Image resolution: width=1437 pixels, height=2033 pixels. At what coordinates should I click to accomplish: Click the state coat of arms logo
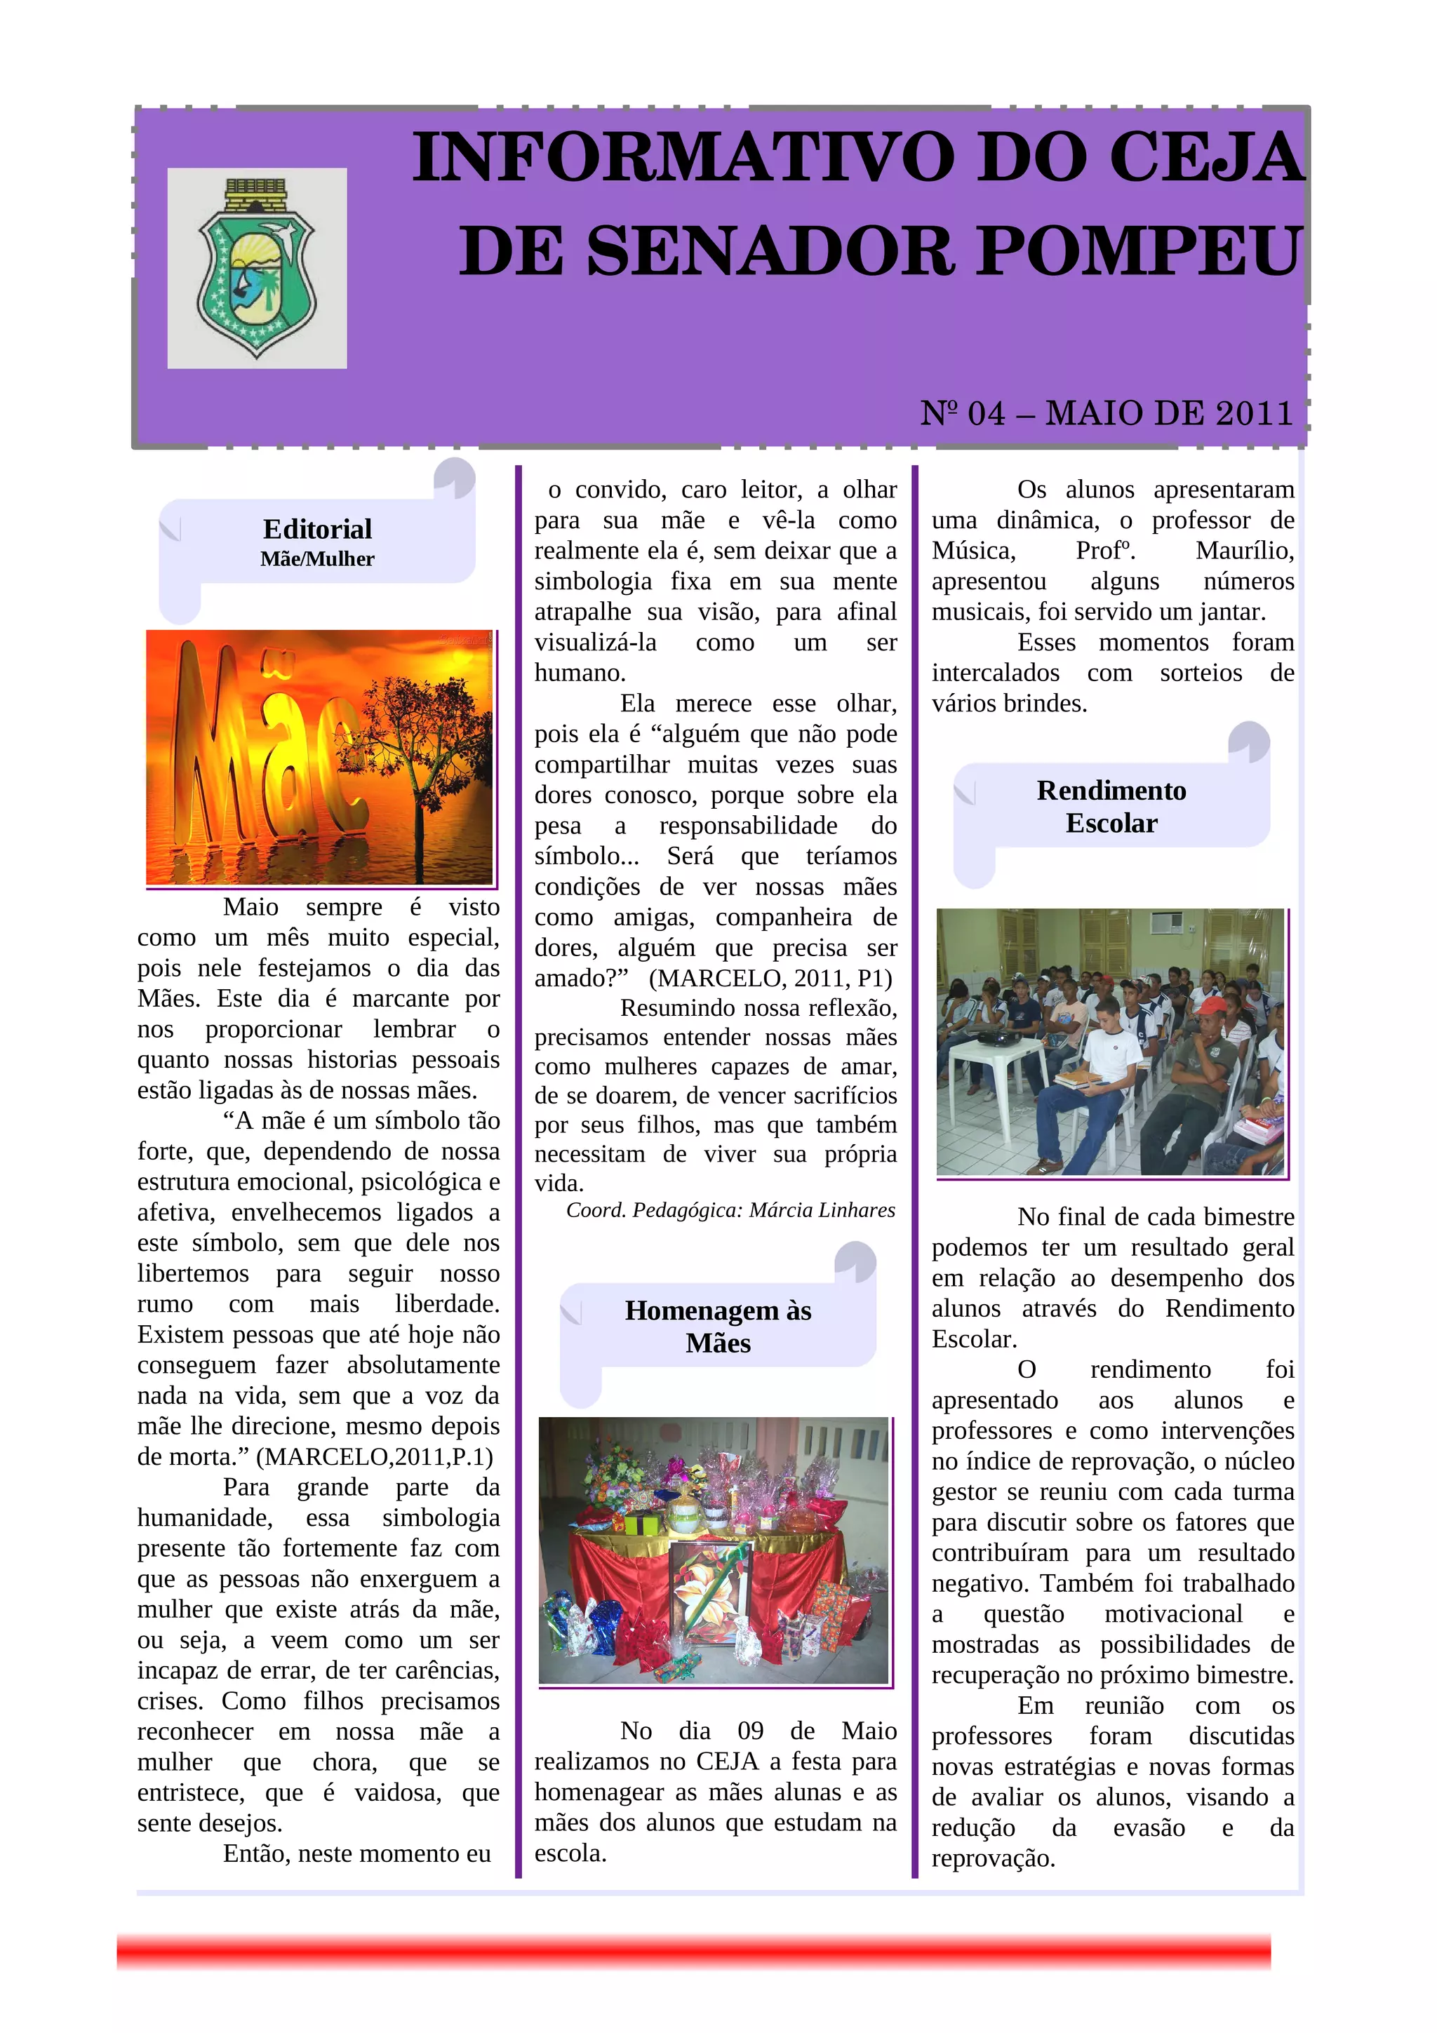pos(256,267)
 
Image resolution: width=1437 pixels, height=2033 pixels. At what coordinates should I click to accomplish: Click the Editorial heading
pos(317,529)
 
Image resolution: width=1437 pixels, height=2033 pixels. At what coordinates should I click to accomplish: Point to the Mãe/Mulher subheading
pos(317,558)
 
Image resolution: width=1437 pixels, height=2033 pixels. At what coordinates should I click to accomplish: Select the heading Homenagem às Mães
pos(717,1327)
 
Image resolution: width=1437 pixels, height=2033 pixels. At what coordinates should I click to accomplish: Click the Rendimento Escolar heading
pos(1111,806)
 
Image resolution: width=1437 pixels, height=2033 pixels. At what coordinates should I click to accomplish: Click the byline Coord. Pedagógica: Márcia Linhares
pos(730,1210)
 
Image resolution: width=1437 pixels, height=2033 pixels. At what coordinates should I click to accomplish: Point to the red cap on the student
pos(1211,1006)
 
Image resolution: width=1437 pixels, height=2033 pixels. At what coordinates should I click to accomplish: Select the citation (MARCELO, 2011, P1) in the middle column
pos(770,979)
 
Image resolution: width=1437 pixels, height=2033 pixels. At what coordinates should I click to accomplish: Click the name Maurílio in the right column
pos(1244,551)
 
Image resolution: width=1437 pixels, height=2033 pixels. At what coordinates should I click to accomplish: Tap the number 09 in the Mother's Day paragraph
pos(750,1731)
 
